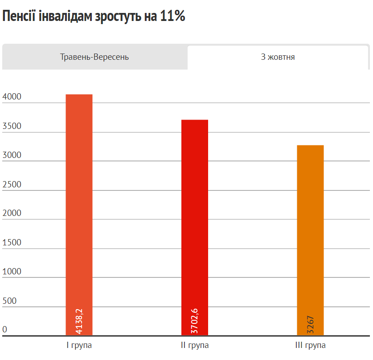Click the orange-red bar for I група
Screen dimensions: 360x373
[x=79, y=201]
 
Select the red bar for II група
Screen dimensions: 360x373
[x=195, y=214]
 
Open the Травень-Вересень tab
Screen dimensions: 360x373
[x=94, y=57]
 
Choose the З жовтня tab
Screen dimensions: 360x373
[x=278, y=57]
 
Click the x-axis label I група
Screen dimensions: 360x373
[x=79, y=345]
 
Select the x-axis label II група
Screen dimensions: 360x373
[x=195, y=345]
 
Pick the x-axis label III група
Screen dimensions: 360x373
[x=310, y=345]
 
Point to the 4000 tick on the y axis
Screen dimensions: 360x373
[x=12, y=97]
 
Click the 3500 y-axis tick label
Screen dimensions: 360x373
[x=12, y=126]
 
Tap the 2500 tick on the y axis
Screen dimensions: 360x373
[x=12, y=184]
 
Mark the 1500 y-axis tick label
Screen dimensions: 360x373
[x=12, y=243]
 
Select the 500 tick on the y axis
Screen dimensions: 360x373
[x=9, y=301]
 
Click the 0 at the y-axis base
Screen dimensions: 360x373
[x=5, y=330]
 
